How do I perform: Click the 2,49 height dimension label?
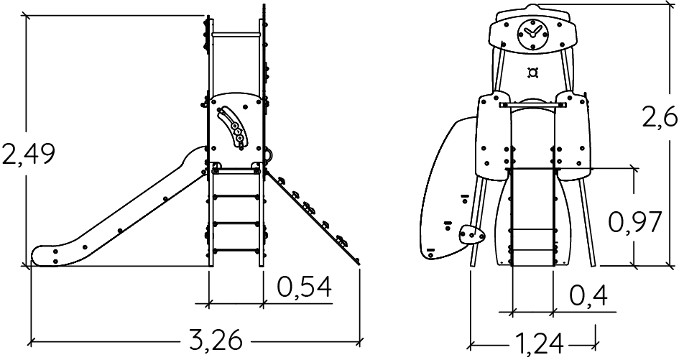29,154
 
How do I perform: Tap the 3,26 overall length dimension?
216,340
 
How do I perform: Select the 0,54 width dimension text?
305,287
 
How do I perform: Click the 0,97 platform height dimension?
635,222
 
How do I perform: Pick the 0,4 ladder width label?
588,296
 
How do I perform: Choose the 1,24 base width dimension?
539,345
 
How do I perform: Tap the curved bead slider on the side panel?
231,128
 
